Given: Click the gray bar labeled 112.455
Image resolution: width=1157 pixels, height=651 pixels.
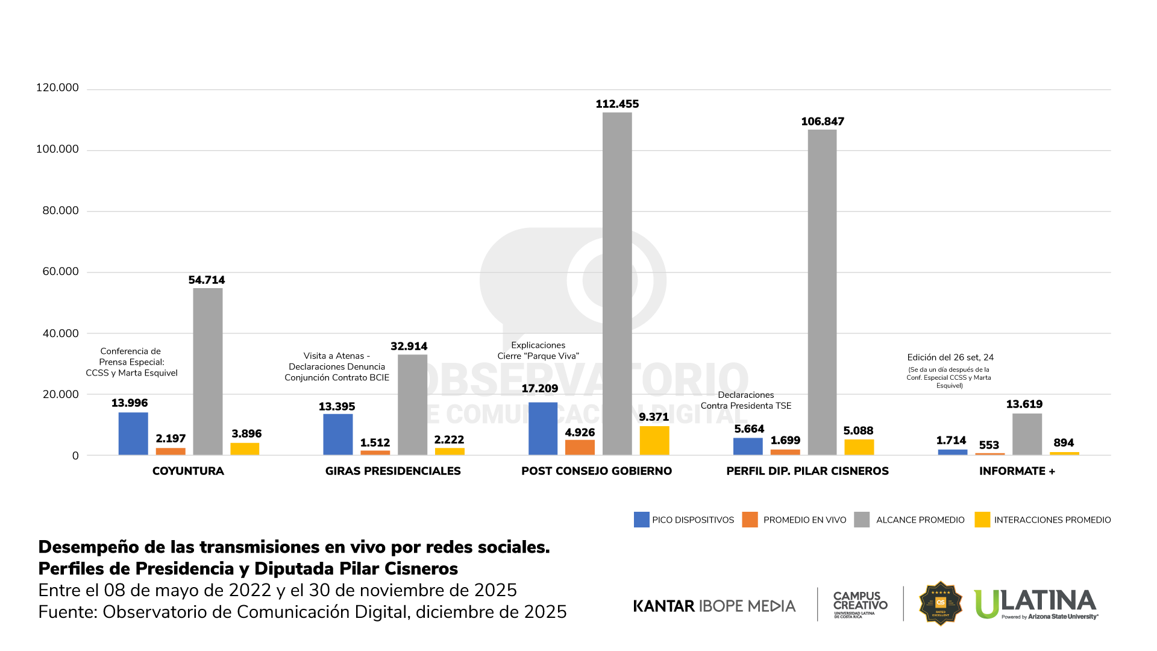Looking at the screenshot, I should pyautogui.click(x=617, y=283).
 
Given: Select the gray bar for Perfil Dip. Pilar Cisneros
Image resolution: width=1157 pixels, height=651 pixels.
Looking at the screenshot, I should pyautogui.click(x=822, y=292).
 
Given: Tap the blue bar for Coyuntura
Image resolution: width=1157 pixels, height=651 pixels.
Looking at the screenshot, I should pyautogui.click(x=133, y=433).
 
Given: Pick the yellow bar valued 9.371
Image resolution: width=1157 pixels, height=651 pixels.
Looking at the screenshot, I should pyautogui.click(x=654, y=441).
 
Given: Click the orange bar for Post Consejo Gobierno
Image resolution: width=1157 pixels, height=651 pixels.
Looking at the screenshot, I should pyautogui.click(x=580, y=447).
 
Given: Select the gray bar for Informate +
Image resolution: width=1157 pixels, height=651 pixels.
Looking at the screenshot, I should pyautogui.click(x=1027, y=434).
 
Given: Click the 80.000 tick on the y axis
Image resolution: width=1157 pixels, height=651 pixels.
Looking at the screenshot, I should pyautogui.click(x=60, y=210).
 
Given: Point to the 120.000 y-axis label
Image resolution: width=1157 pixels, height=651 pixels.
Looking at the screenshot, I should pyautogui.click(x=57, y=87).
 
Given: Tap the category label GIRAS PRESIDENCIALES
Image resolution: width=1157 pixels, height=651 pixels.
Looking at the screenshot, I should pyautogui.click(x=393, y=471).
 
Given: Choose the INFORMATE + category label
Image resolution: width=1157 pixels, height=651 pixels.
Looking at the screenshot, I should pyautogui.click(x=1017, y=471).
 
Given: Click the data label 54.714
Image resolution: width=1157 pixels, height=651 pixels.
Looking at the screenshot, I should pyautogui.click(x=206, y=280).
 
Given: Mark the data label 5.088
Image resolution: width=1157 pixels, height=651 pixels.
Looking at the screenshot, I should pyautogui.click(x=858, y=430).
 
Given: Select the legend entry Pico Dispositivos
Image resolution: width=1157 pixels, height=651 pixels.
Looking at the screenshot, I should pyautogui.click(x=684, y=520).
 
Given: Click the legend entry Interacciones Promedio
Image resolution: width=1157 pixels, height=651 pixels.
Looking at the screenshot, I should pyautogui.click(x=1043, y=520).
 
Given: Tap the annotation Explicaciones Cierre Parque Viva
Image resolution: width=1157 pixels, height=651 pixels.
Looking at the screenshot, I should pyautogui.click(x=538, y=350).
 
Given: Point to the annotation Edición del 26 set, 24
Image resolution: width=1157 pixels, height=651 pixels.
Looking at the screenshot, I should pyautogui.click(x=950, y=357).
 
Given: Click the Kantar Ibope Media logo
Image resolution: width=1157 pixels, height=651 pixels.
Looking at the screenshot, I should pyautogui.click(x=714, y=606).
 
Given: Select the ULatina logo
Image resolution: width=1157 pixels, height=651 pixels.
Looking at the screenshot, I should pyautogui.click(x=1035, y=603).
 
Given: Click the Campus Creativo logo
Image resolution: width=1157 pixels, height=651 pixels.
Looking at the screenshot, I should pyautogui.click(x=860, y=603).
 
